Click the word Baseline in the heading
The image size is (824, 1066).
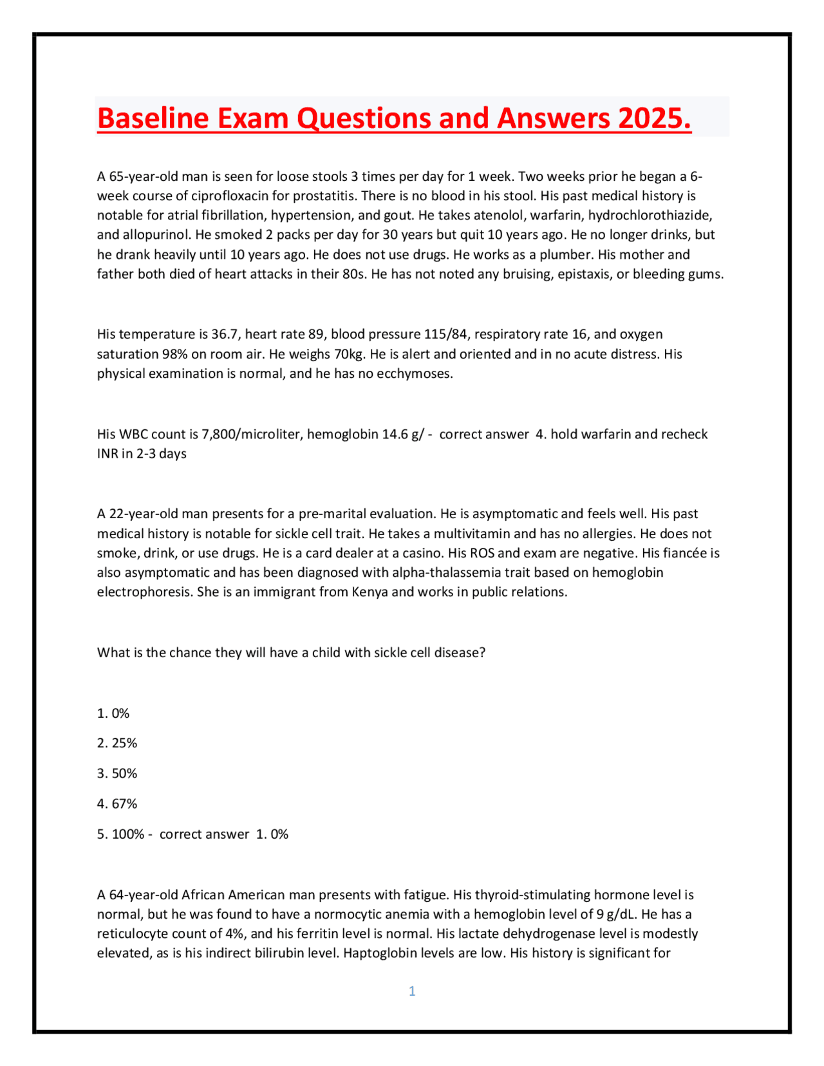153,118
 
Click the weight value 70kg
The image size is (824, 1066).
350,354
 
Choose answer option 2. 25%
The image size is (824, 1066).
117,743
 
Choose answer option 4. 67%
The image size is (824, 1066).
117,804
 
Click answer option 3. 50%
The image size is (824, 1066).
117,774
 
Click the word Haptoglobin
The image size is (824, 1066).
380,953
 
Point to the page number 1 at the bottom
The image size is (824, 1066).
412,991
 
